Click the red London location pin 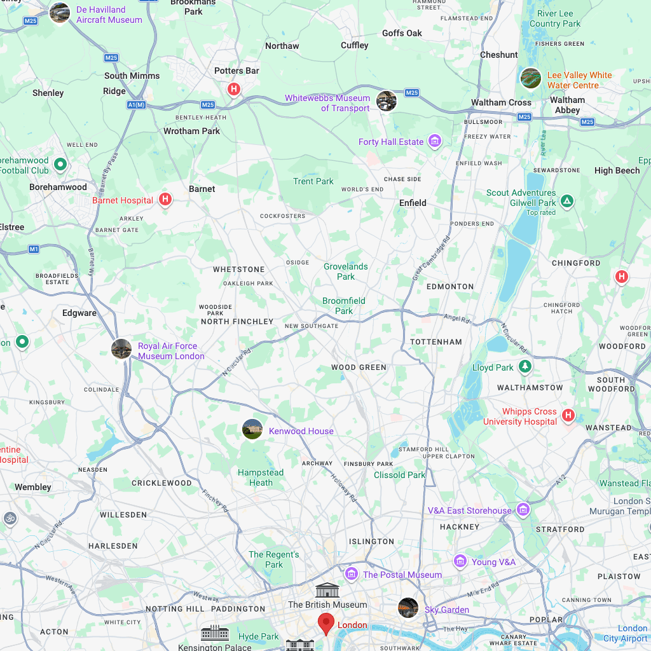pos(326,622)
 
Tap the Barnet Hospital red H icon pos(165,200)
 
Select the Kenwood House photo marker pos(252,429)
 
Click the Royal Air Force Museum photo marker pos(121,348)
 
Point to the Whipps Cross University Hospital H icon pos(568,416)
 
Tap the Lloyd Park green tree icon pos(524,366)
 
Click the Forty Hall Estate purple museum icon pos(435,140)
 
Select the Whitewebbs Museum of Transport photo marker pos(386,100)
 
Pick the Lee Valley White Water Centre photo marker pos(530,78)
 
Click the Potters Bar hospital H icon pos(234,89)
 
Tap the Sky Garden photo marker pos(408,608)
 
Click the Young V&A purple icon pos(460,561)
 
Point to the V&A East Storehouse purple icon pos(523,509)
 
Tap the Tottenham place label pos(436,341)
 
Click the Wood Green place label pos(359,367)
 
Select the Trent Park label pos(313,181)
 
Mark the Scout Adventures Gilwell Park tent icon pos(567,202)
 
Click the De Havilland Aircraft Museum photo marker pos(60,13)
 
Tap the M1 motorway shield pos(34,249)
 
